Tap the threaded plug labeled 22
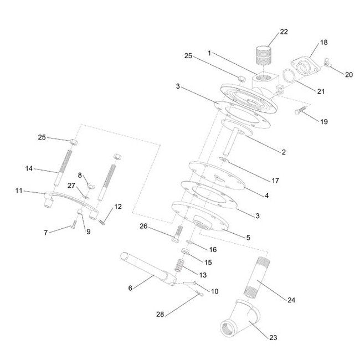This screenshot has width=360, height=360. point(264,56)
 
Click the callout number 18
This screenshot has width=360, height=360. point(324,42)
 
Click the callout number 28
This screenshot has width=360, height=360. point(160,315)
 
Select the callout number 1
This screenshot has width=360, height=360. point(209,53)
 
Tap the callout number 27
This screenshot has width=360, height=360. point(71,186)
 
